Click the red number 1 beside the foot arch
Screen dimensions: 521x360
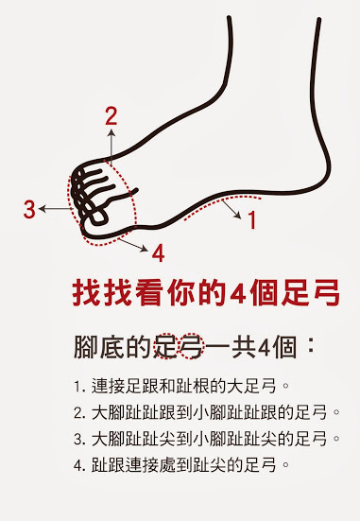point(251,221)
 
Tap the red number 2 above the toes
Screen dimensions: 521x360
point(111,117)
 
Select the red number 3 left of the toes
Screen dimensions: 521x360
point(29,208)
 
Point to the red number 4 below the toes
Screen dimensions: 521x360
point(158,252)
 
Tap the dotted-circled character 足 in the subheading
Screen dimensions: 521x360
point(166,346)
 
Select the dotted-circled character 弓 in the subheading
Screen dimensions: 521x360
point(193,346)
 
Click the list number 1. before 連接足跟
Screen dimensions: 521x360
point(78,387)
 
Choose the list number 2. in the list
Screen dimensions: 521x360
point(78,413)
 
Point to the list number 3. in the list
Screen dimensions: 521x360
point(78,439)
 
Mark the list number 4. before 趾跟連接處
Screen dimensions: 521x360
point(78,465)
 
